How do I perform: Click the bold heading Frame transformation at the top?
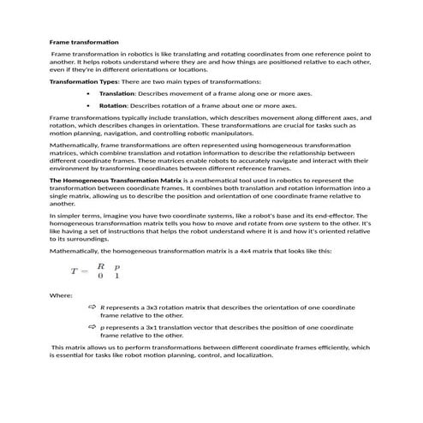[x=84, y=42]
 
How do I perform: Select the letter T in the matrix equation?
[x=74, y=271]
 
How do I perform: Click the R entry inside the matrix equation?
[x=101, y=265]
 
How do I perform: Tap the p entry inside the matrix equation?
[x=117, y=266]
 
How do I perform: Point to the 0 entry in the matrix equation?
[x=101, y=277]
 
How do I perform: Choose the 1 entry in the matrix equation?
[x=117, y=277]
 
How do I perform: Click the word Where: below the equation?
[x=60, y=295]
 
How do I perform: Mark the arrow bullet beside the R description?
[x=92, y=307]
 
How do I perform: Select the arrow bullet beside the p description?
[x=92, y=327]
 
